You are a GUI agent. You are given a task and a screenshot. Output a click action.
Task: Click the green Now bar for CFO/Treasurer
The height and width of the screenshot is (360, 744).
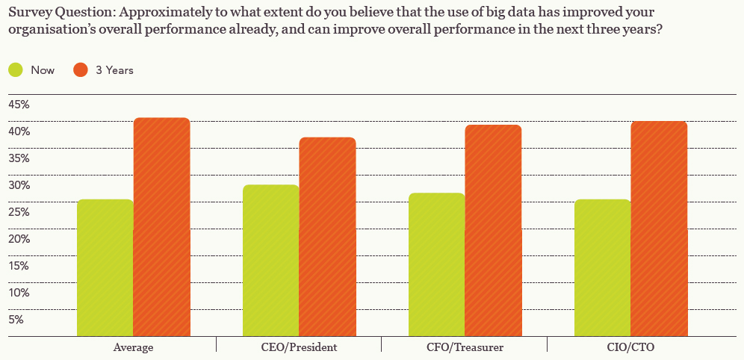pyautogui.click(x=436, y=264)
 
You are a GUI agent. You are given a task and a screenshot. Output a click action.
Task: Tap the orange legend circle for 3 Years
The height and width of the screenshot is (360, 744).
pyautogui.click(x=81, y=70)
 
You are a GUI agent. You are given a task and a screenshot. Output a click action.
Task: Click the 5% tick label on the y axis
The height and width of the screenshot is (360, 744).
pyautogui.click(x=16, y=320)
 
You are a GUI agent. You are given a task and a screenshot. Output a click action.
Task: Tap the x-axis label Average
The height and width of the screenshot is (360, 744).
pyautogui.click(x=134, y=347)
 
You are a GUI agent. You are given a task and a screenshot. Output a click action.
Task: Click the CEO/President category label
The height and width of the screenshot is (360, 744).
pyautogui.click(x=299, y=347)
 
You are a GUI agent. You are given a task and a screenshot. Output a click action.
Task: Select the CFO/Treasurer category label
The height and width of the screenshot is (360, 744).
pyautogui.click(x=465, y=347)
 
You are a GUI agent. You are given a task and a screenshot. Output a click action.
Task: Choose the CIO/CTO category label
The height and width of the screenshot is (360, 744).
pyautogui.click(x=630, y=347)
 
